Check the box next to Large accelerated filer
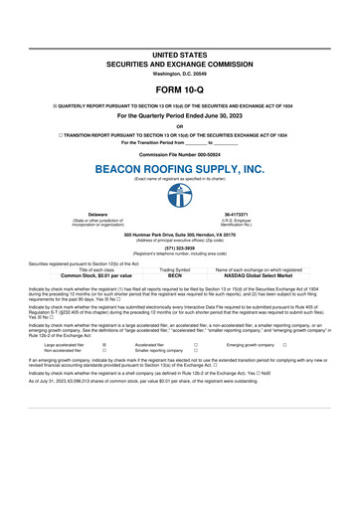pos(104,345)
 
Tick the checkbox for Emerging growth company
pos(284,345)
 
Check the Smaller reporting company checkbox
pos(196,351)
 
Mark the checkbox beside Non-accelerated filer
pos(104,351)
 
